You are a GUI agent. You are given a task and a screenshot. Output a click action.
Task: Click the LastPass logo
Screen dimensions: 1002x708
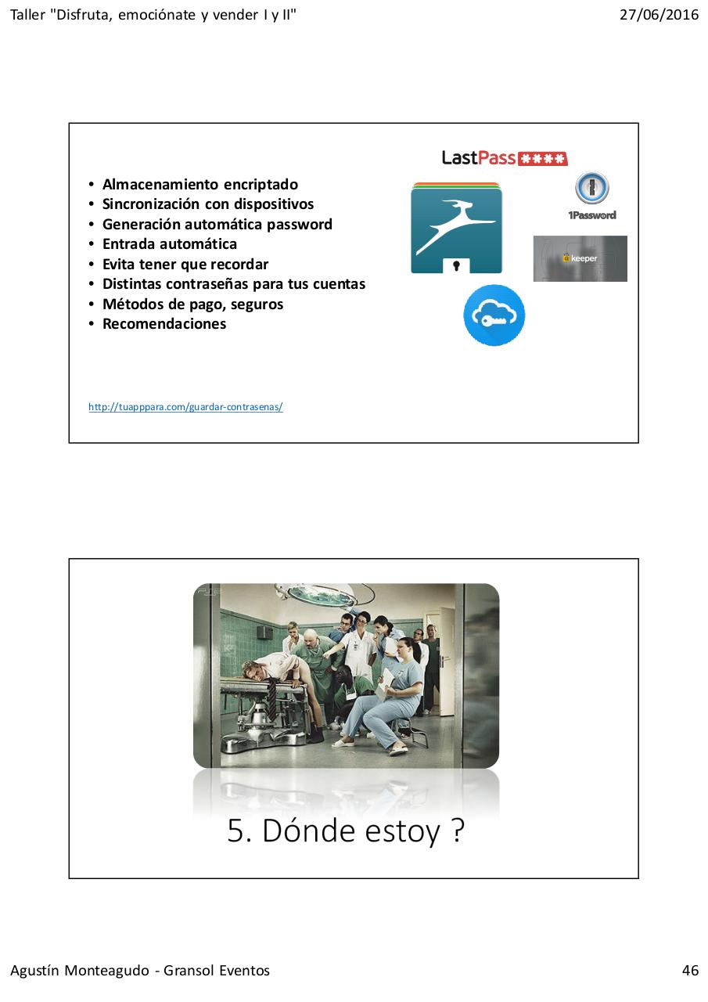[504, 158]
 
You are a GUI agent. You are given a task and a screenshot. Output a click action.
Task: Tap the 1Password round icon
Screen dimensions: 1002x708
[592, 189]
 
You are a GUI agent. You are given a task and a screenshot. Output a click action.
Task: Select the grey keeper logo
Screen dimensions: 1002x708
[580, 258]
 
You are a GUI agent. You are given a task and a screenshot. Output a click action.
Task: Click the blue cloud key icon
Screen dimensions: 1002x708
[494, 315]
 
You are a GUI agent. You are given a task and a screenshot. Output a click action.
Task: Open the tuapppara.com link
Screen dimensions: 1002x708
[185, 407]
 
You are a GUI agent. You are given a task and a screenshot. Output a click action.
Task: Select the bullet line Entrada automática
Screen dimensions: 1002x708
[170, 244]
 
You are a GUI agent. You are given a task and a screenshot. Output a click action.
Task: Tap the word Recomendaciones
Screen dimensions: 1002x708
[164, 324]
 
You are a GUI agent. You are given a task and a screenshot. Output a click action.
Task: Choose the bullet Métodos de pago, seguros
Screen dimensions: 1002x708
[192, 305]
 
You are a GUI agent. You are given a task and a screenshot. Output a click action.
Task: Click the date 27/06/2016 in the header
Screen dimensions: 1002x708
[659, 15]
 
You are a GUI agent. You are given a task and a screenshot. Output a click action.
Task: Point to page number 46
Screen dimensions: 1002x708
[690, 971]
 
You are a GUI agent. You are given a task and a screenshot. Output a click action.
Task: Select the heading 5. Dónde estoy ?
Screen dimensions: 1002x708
[346, 831]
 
